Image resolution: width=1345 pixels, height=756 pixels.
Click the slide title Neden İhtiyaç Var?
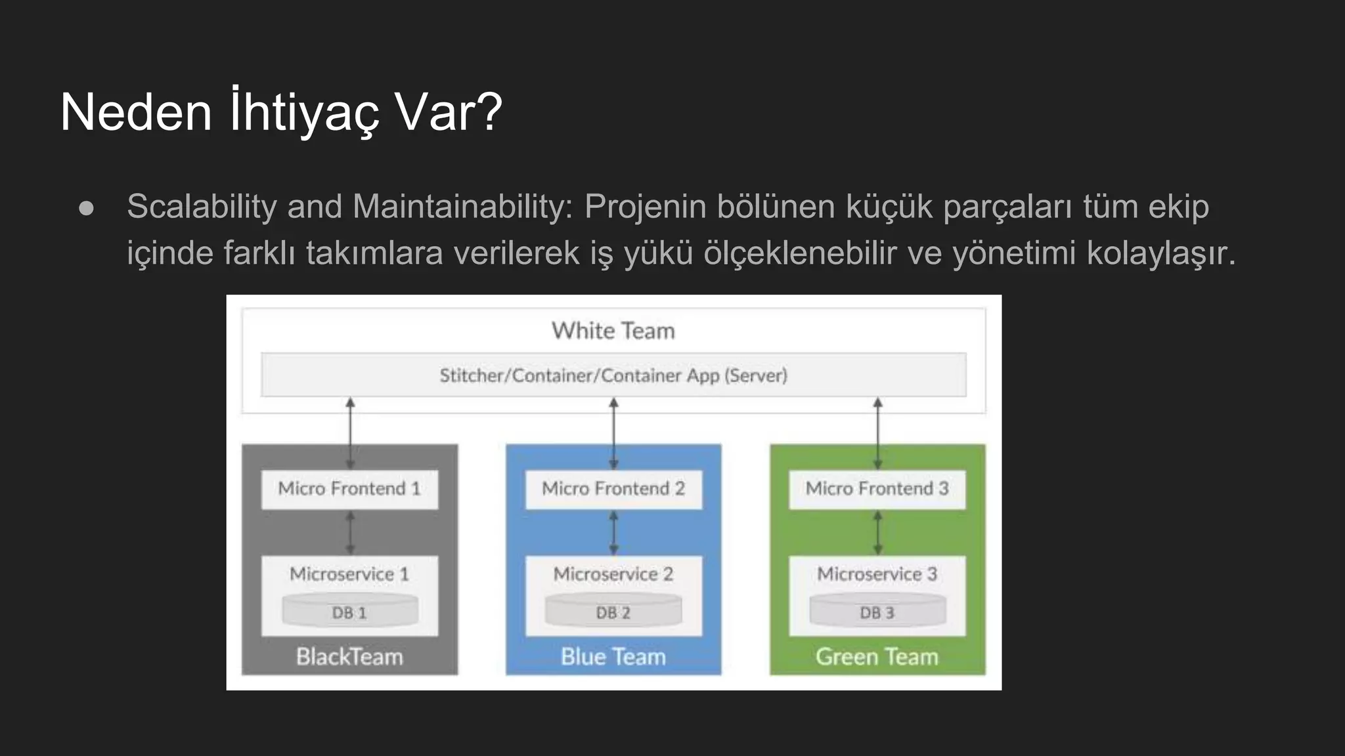(x=281, y=112)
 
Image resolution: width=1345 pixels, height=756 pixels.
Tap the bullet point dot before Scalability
(x=86, y=209)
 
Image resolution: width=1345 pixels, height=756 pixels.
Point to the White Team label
(x=613, y=331)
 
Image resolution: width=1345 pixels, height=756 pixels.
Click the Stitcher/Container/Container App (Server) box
(x=613, y=375)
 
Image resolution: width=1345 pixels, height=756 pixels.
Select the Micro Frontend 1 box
(x=349, y=489)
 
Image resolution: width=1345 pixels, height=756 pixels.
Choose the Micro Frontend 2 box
(x=613, y=489)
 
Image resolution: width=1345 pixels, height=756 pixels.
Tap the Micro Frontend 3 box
(x=877, y=489)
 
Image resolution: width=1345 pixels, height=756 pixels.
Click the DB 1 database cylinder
(x=349, y=611)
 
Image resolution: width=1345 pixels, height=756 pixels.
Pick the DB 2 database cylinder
(x=613, y=611)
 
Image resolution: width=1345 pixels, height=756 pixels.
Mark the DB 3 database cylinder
(x=877, y=611)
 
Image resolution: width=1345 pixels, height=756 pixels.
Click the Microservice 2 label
(x=613, y=574)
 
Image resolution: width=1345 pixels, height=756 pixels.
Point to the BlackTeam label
(x=349, y=656)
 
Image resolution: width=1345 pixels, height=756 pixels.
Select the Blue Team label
(x=613, y=656)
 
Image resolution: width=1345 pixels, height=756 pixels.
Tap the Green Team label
(x=877, y=656)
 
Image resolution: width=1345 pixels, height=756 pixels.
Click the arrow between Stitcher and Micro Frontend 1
(x=350, y=433)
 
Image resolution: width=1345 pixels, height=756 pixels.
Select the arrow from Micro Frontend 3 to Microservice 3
(x=878, y=533)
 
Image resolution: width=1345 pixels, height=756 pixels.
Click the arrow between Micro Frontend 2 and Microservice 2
(x=614, y=533)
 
